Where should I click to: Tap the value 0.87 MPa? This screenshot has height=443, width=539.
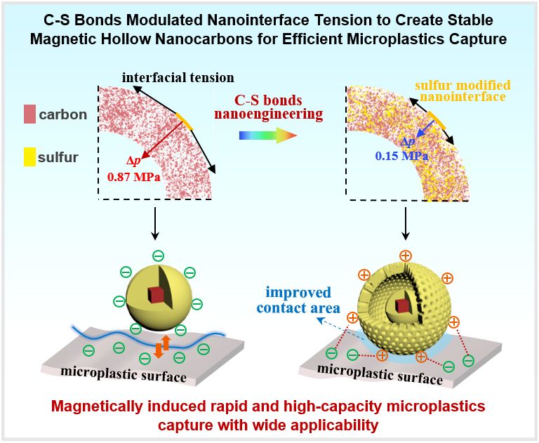(x=133, y=178)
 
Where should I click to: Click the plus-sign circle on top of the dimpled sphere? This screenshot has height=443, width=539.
(x=404, y=255)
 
